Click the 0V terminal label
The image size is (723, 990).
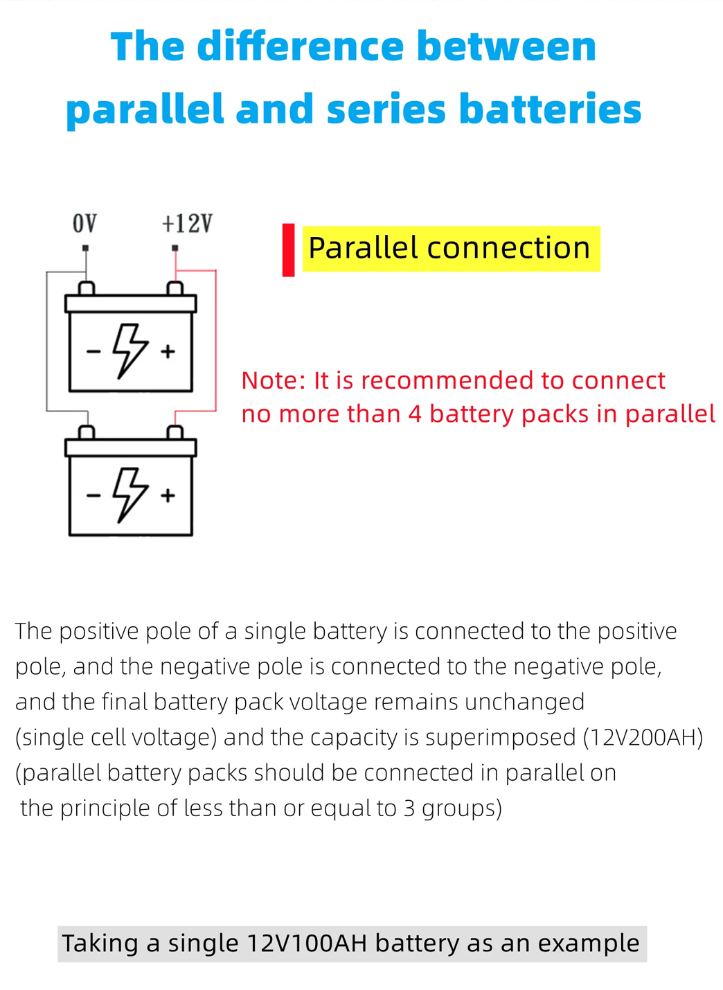tap(84, 224)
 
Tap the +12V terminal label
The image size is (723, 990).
tap(186, 224)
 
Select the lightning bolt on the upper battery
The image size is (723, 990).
tap(130, 350)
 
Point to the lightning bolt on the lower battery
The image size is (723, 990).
tap(130, 494)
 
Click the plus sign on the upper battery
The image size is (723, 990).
tap(168, 352)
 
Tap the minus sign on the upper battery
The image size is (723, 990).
tap(93, 352)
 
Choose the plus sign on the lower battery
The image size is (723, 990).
tap(168, 496)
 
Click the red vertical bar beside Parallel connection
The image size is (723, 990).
tap(289, 250)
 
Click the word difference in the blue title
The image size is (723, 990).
tap(300, 47)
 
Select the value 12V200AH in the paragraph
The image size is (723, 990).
tap(643, 737)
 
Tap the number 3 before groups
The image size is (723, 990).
tap(409, 808)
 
